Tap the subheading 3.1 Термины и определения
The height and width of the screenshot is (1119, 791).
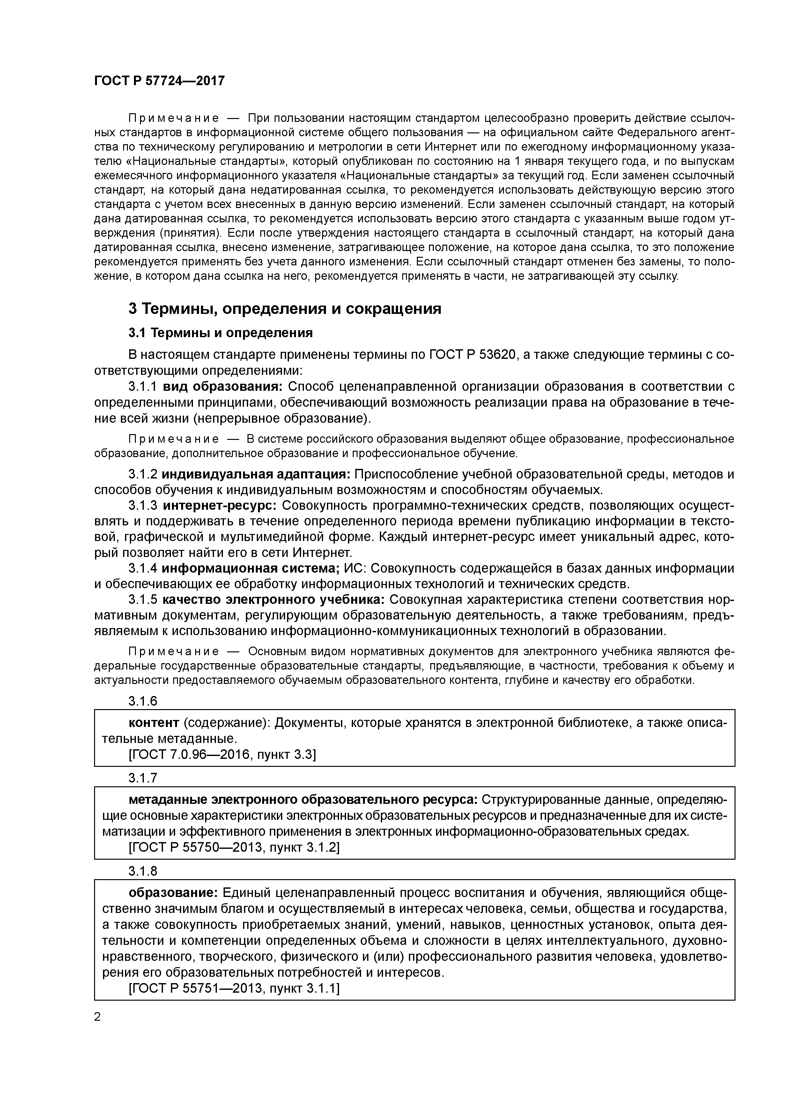pyautogui.click(x=220, y=333)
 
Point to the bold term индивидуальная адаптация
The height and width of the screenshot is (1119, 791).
pyautogui.click(x=256, y=474)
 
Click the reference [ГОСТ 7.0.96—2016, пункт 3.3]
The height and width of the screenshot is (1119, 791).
pyautogui.click(x=222, y=754)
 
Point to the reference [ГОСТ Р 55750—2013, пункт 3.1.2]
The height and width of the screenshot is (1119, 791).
pyautogui.click(x=234, y=847)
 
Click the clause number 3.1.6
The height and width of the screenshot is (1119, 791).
pyautogui.click(x=143, y=701)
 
